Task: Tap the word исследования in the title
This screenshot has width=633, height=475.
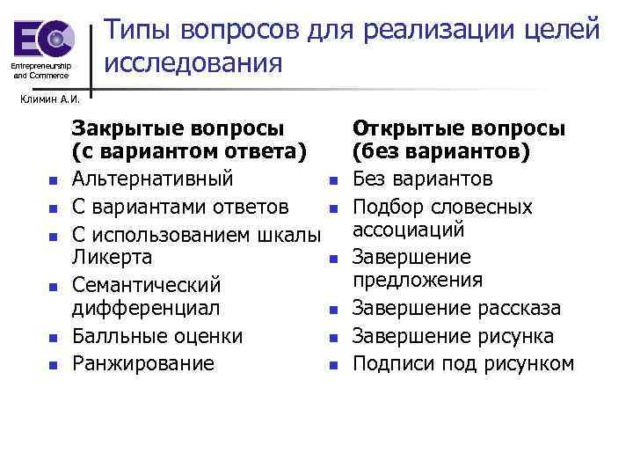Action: point(193,63)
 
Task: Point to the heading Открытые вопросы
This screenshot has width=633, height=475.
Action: point(458,129)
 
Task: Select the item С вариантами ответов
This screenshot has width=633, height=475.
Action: point(179,208)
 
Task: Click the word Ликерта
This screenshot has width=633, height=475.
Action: point(112,258)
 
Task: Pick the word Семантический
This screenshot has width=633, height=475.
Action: point(146,286)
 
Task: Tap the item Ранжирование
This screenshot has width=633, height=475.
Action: point(142,363)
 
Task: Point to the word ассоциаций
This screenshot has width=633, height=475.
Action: point(408,230)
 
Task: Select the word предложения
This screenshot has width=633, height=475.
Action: point(418,281)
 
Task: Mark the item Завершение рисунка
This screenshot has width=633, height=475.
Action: point(453,336)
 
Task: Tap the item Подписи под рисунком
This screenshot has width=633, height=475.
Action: point(463,363)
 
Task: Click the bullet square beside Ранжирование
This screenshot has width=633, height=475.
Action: point(53,365)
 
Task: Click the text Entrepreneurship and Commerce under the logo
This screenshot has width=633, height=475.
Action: point(40,70)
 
